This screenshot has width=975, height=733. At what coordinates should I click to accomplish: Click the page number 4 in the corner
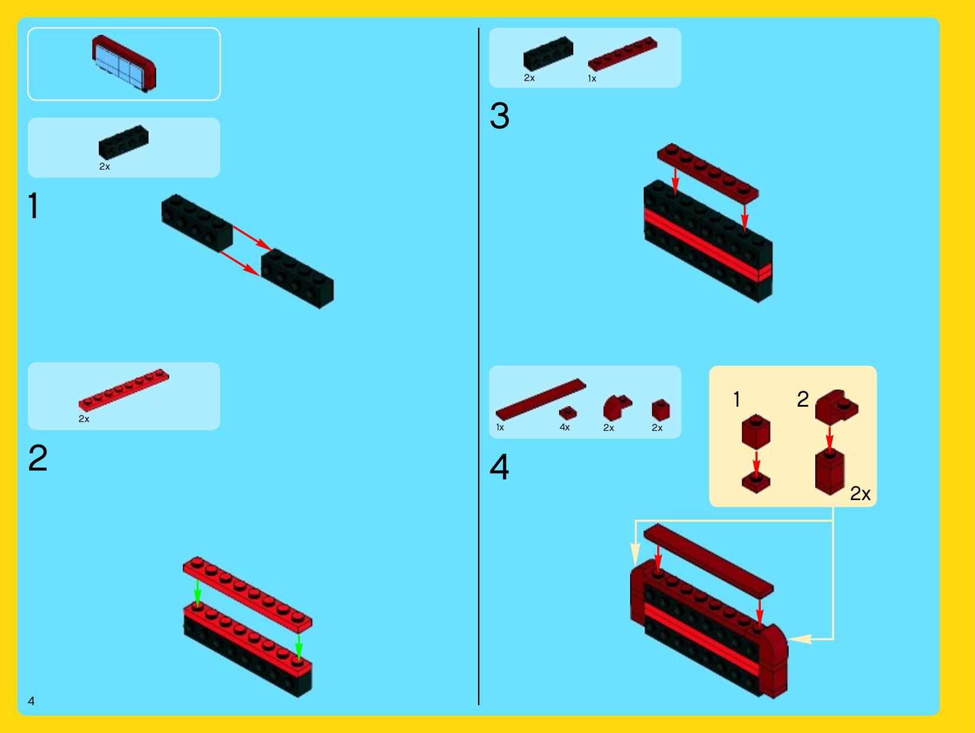tap(31, 700)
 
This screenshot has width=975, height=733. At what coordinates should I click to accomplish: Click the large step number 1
tap(33, 206)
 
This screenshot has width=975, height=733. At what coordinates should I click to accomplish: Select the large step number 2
tap(38, 458)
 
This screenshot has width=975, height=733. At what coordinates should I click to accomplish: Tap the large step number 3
tap(499, 116)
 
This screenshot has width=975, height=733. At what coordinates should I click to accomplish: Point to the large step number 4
tap(499, 467)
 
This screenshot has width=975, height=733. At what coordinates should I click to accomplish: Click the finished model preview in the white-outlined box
tap(124, 63)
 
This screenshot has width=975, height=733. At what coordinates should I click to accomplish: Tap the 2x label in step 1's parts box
tap(104, 166)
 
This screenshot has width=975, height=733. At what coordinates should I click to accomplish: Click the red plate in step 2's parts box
tap(124, 390)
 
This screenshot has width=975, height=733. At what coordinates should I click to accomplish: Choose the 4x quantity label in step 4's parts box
tap(564, 427)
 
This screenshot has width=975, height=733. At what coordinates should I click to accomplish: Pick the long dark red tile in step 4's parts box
tap(541, 400)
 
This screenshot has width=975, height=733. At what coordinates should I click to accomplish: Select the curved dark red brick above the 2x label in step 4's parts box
tap(617, 407)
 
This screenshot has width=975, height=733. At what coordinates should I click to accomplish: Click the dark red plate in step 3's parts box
tap(622, 54)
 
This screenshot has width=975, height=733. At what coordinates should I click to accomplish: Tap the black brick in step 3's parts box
tap(548, 53)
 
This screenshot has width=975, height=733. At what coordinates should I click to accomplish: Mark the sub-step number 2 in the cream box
tap(803, 400)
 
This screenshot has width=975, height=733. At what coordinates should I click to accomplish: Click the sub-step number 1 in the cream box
tap(737, 400)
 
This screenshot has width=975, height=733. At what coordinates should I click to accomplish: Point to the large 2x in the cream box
tap(860, 494)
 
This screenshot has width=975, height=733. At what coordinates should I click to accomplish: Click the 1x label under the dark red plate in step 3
tap(592, 79)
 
